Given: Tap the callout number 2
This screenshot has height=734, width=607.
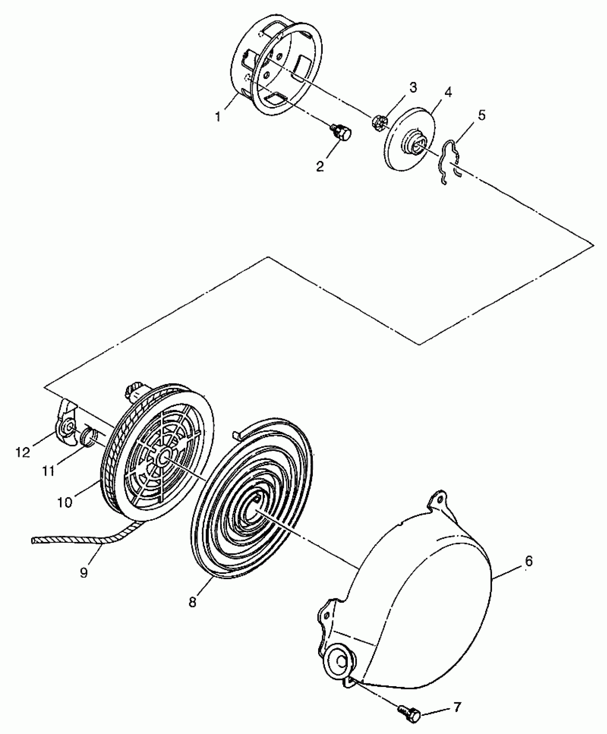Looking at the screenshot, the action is click(320, 166).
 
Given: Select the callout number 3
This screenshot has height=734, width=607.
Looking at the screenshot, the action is click(413, 87).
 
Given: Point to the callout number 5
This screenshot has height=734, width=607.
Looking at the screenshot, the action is click(482, 115).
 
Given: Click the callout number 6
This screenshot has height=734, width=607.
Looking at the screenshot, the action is click(529, 561).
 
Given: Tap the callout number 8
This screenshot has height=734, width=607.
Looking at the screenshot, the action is click(192, 602).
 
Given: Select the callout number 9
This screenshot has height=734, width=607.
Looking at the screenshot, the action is click(84, 573).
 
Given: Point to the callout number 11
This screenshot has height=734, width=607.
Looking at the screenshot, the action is click(49, 471).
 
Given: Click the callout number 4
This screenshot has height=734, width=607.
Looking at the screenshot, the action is click(448, 92).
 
